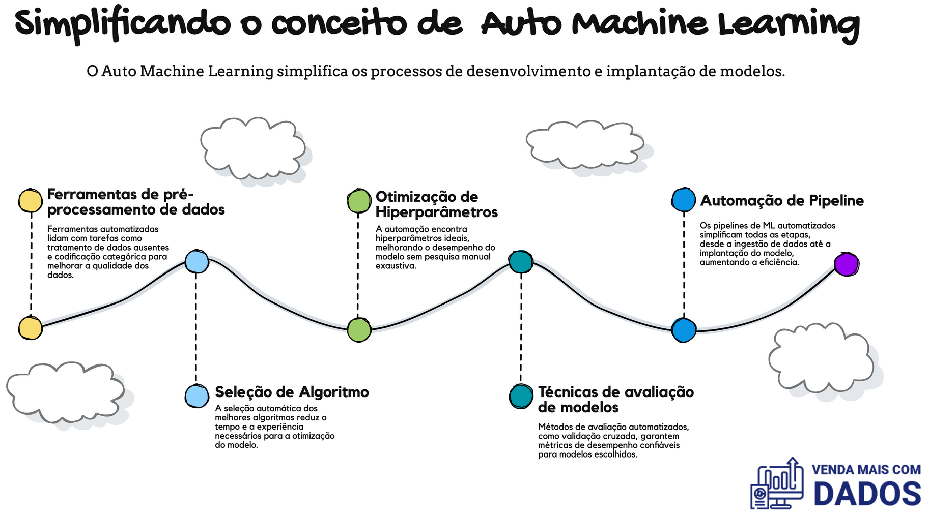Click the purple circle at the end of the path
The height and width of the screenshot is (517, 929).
[847, 264]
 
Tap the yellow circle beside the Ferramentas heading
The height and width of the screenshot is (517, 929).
[31, 201]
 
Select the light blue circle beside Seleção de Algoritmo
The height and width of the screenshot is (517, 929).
[196, 396]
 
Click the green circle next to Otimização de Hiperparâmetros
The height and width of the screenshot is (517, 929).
[359, 201]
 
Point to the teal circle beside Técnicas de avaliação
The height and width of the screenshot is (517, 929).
[521, 397]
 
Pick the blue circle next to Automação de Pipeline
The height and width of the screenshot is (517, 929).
[683, 200]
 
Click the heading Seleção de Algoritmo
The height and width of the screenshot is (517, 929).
[292, 392]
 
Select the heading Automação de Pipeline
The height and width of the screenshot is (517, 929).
[782, 201]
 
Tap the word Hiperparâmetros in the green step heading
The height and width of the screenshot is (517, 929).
[436, 212]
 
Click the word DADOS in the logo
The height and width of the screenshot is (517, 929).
[867, 494]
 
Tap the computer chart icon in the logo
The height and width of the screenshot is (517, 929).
[777, 483]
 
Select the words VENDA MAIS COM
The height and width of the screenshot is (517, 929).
[866, 469]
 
